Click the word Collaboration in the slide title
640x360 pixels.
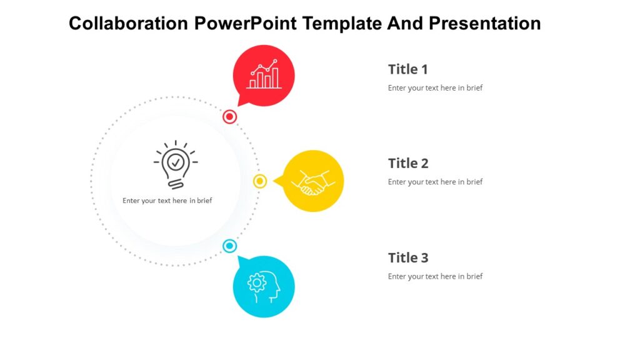point(128,24)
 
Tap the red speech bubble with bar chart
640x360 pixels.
point(264,76)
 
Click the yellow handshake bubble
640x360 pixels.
point(313,181)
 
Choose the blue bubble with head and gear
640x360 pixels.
point(264,286)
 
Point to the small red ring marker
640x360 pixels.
point(230,117)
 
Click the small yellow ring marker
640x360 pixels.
point(260,181)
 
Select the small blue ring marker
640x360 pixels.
point(230,246)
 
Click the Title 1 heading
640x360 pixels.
point(407,69)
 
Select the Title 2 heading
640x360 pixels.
point(407,164)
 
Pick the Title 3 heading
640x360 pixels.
point(407,258)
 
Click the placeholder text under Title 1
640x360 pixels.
point(435,88)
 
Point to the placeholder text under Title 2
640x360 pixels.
point(435,182)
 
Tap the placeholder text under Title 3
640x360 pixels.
point(435,276)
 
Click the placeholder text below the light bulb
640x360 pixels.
point(167,201)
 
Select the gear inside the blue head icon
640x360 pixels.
point(257,283)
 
